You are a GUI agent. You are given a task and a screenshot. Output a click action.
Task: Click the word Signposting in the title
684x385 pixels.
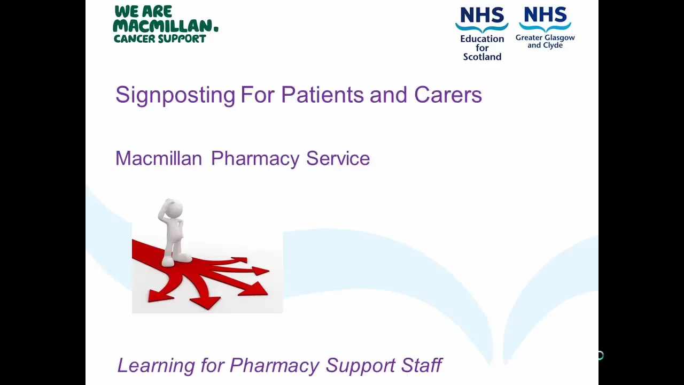point(175,95)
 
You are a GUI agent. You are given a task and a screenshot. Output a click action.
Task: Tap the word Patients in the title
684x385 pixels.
point(322,95)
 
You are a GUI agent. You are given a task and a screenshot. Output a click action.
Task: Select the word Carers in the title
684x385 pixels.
point(448,95)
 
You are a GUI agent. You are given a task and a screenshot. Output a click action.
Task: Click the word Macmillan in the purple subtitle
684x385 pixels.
point(158,158)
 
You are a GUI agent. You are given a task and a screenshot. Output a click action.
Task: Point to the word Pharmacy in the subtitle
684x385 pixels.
point(255,159)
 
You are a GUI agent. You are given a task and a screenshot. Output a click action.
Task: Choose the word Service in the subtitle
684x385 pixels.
point(338,158)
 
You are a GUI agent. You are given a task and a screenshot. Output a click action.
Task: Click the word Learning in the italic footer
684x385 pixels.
point(156,366)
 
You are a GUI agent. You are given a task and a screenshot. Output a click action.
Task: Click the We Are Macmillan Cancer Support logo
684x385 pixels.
point(166,25)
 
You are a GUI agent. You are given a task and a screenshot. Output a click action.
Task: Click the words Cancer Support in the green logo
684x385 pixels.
point(160,39)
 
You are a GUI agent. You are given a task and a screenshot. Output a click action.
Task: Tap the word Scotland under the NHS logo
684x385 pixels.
point(482,57)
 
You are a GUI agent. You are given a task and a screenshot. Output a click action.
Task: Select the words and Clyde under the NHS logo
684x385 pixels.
point(545,45)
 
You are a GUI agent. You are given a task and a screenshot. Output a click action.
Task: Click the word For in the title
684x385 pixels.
point(258,95)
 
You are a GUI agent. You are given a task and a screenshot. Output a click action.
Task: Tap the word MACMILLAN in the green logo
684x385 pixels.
point(164,26)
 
